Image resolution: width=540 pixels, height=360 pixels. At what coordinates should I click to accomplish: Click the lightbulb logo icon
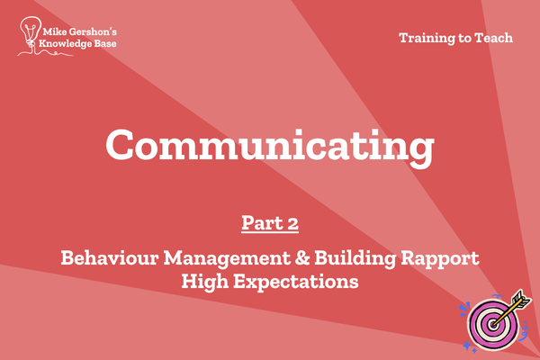31,32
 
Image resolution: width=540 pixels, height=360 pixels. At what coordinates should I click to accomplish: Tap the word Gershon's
93,32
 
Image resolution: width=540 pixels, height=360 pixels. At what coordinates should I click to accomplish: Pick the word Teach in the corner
494,38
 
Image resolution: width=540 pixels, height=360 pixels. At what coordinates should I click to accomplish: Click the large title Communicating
270,147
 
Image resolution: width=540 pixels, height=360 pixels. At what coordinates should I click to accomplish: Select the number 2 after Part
292,223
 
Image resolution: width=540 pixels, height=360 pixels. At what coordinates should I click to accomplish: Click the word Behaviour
110,257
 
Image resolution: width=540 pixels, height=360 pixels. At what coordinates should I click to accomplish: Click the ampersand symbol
302,258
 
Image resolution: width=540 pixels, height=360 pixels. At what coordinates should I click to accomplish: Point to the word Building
355,258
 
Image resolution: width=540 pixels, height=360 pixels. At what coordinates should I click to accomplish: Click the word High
205,282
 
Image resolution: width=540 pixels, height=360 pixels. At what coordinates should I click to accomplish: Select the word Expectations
296,282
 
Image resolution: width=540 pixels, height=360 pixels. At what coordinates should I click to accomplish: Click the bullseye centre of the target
493,324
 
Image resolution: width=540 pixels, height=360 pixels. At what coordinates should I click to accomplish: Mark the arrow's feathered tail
522,299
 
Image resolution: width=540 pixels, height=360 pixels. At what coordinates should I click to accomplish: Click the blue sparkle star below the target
466,345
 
